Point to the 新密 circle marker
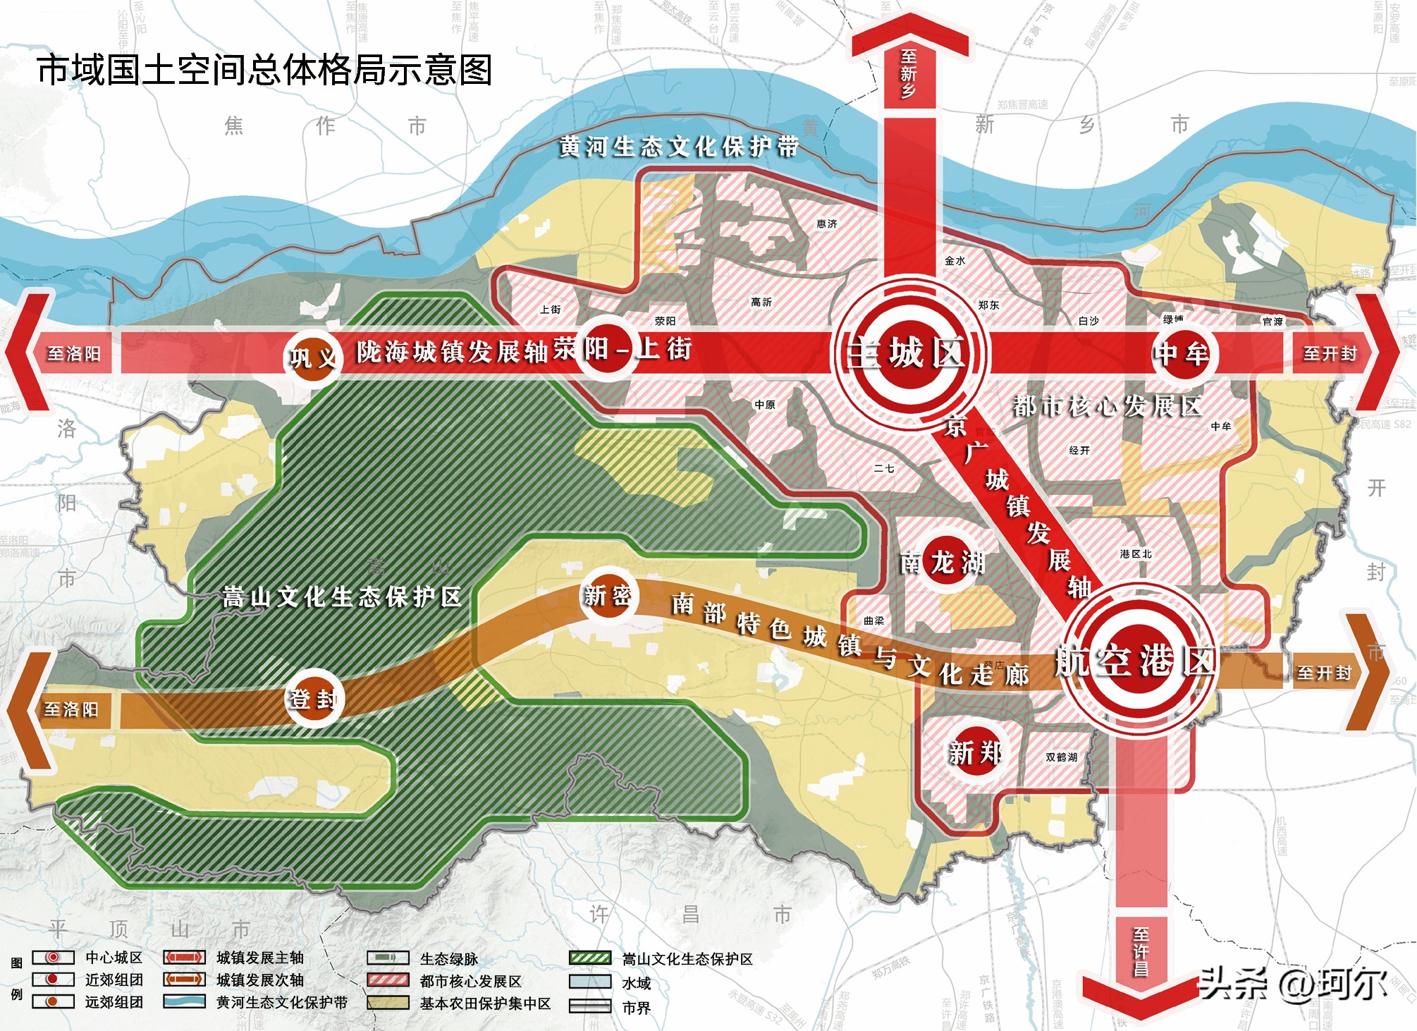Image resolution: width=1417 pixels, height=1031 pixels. [x=607, y=596]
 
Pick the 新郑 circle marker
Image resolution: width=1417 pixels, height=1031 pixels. [x=974, y=752]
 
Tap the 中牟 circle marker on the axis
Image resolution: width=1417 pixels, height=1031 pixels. [x=1182, y=353]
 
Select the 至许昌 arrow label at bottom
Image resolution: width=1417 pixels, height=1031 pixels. [x=1141, y=951]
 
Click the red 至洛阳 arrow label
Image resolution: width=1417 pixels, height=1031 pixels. [x=74, y=353]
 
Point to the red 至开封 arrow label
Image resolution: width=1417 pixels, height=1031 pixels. [x=1330, y=353]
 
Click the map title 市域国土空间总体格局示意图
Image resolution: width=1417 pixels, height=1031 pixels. [x=264, y=70]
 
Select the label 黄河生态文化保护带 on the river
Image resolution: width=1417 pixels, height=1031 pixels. [x=679, y=147]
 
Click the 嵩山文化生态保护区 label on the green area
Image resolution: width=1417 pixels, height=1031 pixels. [x=342, y=597]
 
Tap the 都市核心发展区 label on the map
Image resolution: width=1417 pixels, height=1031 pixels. [x=1107, y=406]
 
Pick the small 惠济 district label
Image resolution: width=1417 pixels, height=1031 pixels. [x=826, y=224]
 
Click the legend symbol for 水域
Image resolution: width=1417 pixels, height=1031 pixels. [x=589, y=982]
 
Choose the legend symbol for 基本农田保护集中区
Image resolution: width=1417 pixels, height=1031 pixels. [x=388, y=1003]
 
